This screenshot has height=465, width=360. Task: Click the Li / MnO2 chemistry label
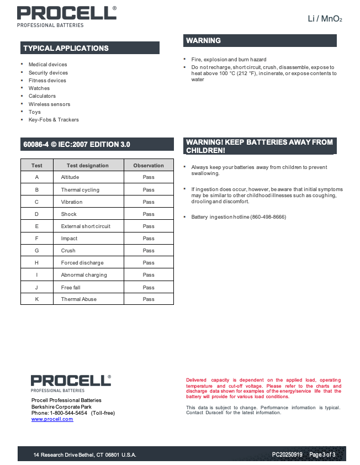(325, 19)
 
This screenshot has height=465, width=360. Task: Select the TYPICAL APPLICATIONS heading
(66, 48)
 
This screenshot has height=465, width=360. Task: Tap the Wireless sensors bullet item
(49, 104)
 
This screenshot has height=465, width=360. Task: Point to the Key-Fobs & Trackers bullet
(54, 119)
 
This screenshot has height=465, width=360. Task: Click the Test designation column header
(87, 165)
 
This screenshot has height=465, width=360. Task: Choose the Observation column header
(149, 165)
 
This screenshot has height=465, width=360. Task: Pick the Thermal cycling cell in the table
(80, 189)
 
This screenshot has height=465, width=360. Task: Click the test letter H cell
(36, 263)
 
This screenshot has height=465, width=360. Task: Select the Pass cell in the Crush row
(149, 251)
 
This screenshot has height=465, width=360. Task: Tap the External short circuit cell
(86, 226)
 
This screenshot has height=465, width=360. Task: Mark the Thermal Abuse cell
(78, 299)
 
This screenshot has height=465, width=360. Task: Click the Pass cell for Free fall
(149, 287)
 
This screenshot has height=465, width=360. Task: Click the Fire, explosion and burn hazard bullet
(229, 59)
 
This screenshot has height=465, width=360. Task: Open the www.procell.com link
(52, 419)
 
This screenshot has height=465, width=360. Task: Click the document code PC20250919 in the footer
(287, 455)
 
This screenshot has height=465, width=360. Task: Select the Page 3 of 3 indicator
(322, 455)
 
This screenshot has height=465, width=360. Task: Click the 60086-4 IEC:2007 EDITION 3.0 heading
(77, 144)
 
